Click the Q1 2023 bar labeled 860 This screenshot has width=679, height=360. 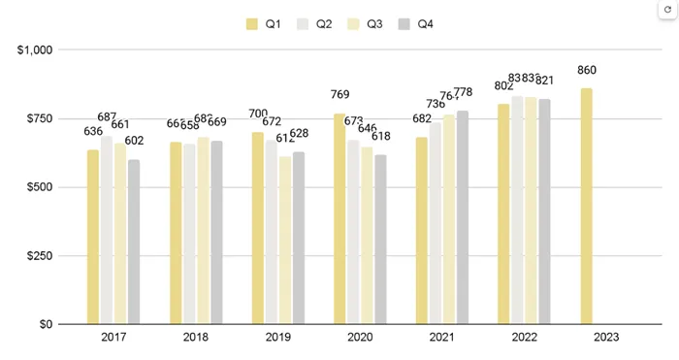coord(586,206)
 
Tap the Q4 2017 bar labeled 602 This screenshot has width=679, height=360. coord(133,242)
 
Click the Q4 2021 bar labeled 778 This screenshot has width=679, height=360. coord(463,217)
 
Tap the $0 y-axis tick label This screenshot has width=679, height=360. coord(45,324)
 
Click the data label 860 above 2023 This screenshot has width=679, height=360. coord(587,71)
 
